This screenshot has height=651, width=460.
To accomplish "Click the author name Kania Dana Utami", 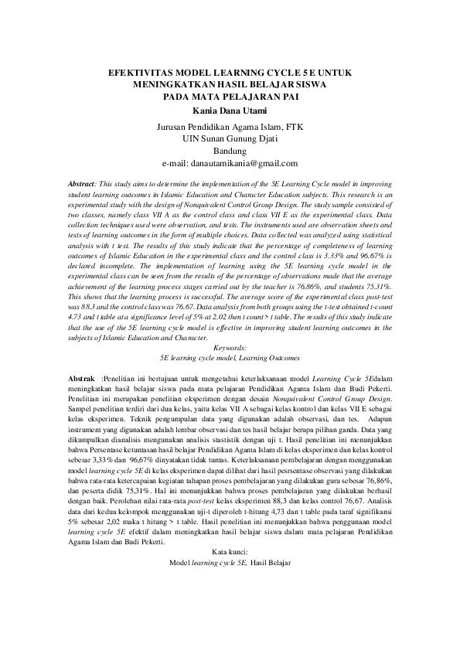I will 230,111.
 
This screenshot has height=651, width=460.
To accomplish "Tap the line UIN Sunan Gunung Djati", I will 230,139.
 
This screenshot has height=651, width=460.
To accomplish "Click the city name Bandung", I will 229,152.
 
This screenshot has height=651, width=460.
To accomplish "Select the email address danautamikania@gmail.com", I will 230,164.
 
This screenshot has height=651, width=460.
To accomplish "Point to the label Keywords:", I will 230,349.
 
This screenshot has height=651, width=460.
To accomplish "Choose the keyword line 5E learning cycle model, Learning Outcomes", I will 230,359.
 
